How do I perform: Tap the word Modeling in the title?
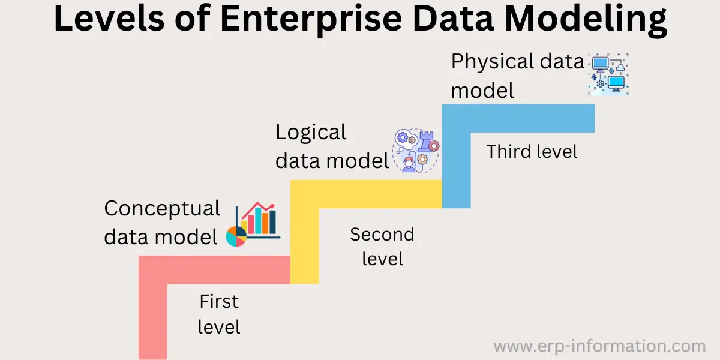[586, 20]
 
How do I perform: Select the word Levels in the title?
[109, 18]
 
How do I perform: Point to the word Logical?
[311, 133]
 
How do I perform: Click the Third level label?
[532, 151]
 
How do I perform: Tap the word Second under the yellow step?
[382, 235]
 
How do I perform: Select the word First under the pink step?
[219, 301]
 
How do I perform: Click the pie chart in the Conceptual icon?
[236, 236]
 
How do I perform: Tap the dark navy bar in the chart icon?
[272, 222]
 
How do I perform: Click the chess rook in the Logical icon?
[426, 141]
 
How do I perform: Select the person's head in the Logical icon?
[409, 162]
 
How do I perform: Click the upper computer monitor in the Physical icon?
[600, 64]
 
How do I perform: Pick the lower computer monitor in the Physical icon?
[616, 83]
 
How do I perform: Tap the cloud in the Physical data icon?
[620, 68]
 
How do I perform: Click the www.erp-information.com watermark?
[600, 346]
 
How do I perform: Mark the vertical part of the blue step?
[457, 170]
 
